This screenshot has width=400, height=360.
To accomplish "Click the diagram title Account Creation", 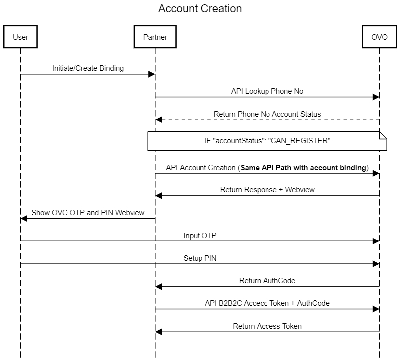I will [x=200, y=9].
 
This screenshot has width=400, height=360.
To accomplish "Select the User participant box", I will [x=20, y=37].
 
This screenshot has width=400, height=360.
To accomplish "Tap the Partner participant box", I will [x=155, y=37].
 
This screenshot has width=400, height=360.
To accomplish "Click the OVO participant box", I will [x=379, y=37].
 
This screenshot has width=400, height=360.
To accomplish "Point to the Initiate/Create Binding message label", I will [x=88, y=68].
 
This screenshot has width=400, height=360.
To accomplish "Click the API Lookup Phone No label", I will [x=267, y=91].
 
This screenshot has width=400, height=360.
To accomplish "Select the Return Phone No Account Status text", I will [x=267, y=114].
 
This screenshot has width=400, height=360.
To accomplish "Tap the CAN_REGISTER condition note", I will [x=267, y=141].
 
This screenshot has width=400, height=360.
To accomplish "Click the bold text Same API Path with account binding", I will [x=303, y=168].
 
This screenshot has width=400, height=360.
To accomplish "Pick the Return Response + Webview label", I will [x=267, y=190].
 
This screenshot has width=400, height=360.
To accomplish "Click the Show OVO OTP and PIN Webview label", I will [x=88, y=213].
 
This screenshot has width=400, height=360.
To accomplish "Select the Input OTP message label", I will [x=200, y=236].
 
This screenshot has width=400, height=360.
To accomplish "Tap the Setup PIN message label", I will [x=200, y=258].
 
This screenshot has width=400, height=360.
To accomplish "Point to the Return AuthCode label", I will [x=267, y=281].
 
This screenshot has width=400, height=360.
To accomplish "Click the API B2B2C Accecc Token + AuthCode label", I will [x=267, y=303].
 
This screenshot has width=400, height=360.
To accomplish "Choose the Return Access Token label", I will [x=267, y=326].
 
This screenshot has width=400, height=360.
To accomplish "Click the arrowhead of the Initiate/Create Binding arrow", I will [x=152, y=74].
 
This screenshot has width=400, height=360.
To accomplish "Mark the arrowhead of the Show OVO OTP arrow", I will [x=24, y=219].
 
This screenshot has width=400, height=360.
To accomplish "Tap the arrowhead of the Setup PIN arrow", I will [x=376, y=264].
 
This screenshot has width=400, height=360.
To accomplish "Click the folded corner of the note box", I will [x=383, y=135].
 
